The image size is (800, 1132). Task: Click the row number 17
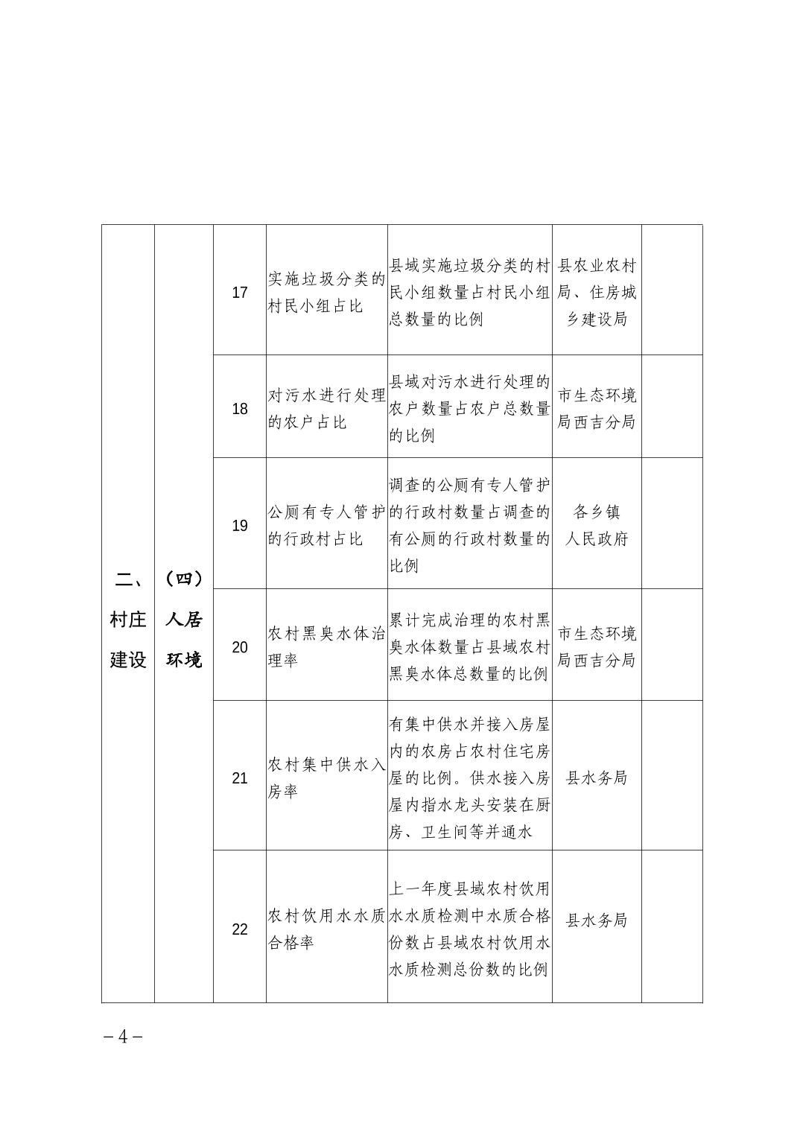240,292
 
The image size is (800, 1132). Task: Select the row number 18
240,409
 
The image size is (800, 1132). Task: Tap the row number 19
240,526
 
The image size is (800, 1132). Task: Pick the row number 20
240,647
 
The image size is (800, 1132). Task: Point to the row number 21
240,778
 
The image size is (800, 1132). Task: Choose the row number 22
240,929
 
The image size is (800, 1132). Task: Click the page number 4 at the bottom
124,1036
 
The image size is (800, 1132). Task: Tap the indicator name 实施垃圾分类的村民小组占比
326,292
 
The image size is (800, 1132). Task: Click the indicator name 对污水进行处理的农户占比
326,409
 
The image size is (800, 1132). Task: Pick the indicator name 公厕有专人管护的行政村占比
326,526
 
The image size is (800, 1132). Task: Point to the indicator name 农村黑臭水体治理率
326,647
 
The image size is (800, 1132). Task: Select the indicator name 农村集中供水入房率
326,778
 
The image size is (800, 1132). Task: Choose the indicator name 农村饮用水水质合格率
326,929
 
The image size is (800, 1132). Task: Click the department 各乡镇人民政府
597,526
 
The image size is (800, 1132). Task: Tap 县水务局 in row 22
597,920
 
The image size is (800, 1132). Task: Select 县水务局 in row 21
597,778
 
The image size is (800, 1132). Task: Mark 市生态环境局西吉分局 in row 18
597,409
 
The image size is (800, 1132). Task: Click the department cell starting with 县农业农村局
597,292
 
